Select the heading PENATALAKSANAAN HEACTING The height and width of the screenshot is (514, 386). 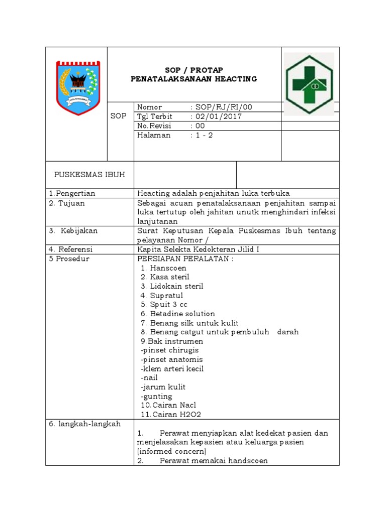(194, 79)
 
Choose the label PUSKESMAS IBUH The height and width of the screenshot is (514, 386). (89, 174)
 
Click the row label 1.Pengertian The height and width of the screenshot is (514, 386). (72, 193)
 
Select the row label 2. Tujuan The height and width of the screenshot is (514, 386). (67, 203)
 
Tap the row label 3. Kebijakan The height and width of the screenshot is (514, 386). (73, 231)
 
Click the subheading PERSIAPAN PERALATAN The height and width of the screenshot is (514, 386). (185, 259)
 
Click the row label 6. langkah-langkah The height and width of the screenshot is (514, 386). (85, 424)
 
